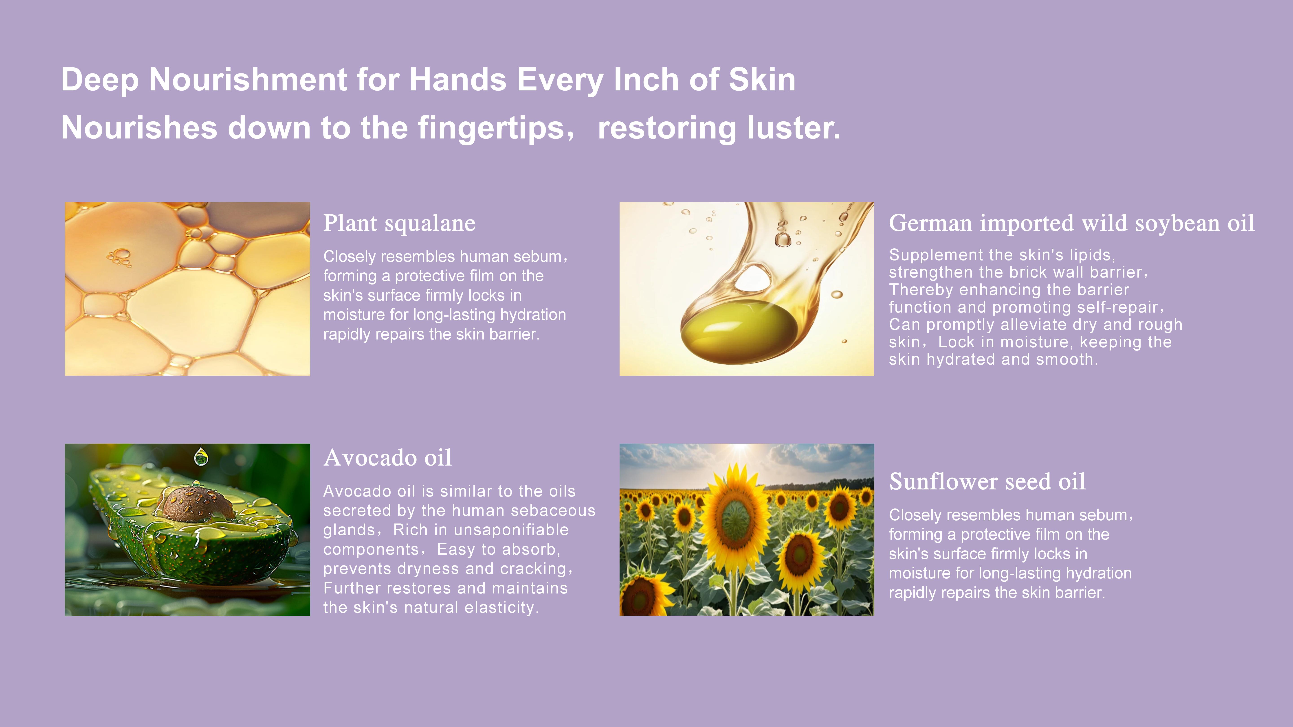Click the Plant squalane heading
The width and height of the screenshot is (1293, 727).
tap(399, 223)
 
